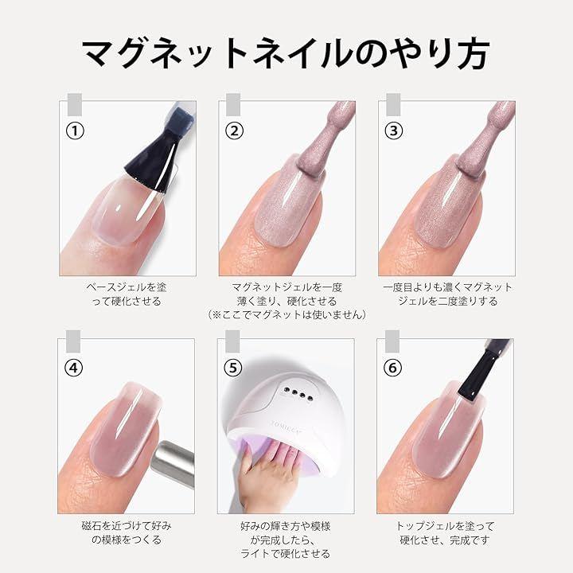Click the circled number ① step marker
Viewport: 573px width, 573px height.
point(75,131)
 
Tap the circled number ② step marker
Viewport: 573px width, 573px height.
point(234,131)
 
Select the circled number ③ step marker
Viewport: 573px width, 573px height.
point(394,131)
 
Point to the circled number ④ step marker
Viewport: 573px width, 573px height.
point(74,368)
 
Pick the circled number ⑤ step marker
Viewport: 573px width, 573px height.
point(233,368)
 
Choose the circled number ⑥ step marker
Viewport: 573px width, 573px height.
point(392,368)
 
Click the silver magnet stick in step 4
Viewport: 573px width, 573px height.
point(173,461)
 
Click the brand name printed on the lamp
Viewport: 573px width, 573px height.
point(286,428)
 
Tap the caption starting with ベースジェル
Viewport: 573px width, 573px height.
point(127,294)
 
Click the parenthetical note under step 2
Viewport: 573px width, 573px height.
point(286,314)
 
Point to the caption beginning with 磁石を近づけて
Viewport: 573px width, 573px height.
point(127,532)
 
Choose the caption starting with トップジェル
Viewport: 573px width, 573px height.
point(445,532)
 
